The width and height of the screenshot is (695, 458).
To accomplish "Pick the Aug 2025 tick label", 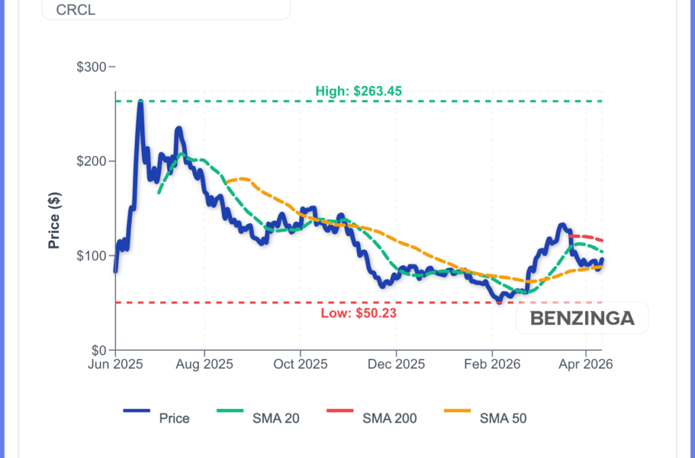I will [204, 364].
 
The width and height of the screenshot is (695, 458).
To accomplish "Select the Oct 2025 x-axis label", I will [299, 364].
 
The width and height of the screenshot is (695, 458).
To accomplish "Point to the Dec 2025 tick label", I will [396, 364].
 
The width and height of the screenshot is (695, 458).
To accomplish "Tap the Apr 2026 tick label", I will [585, 364].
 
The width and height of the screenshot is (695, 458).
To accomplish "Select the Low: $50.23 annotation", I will [358, 313].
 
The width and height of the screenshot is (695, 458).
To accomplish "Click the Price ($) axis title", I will [54, 220].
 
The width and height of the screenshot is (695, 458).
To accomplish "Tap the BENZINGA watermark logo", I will [582, 318].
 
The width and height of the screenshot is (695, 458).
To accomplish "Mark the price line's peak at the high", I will [140, 102].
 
